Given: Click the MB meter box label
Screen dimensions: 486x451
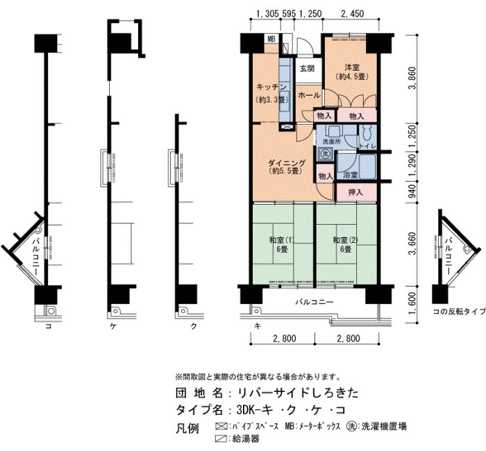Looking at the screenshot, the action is [x=271, y=40].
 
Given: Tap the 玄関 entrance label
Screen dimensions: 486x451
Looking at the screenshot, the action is [x=307, y=69].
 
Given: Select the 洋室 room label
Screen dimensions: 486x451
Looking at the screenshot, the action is [x=352, y=67].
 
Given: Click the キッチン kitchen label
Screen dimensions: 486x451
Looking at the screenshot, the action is [x=271, y=87].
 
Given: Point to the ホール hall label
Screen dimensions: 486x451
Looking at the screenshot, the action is [x=309, y=96].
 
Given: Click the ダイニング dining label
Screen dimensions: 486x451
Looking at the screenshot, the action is [x=286, y=163].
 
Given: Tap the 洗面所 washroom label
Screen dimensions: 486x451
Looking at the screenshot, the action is [x=331, y=142].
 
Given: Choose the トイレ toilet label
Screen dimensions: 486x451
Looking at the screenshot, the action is [x=367, y=146].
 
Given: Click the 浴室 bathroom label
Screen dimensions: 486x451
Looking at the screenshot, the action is [x=351, y=175].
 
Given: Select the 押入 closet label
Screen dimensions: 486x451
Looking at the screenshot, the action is [x=355, y=192].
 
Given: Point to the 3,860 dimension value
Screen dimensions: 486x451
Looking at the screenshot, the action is [x=412, y=78].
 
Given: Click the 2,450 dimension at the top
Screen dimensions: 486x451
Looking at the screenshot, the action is [x=352, y=14].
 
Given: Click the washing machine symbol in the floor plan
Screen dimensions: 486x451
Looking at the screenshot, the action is [x=325, y=153].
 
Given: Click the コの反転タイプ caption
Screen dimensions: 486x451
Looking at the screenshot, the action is [x=460, y=312].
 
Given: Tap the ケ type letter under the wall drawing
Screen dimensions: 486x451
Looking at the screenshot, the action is [x=113, y=326].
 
